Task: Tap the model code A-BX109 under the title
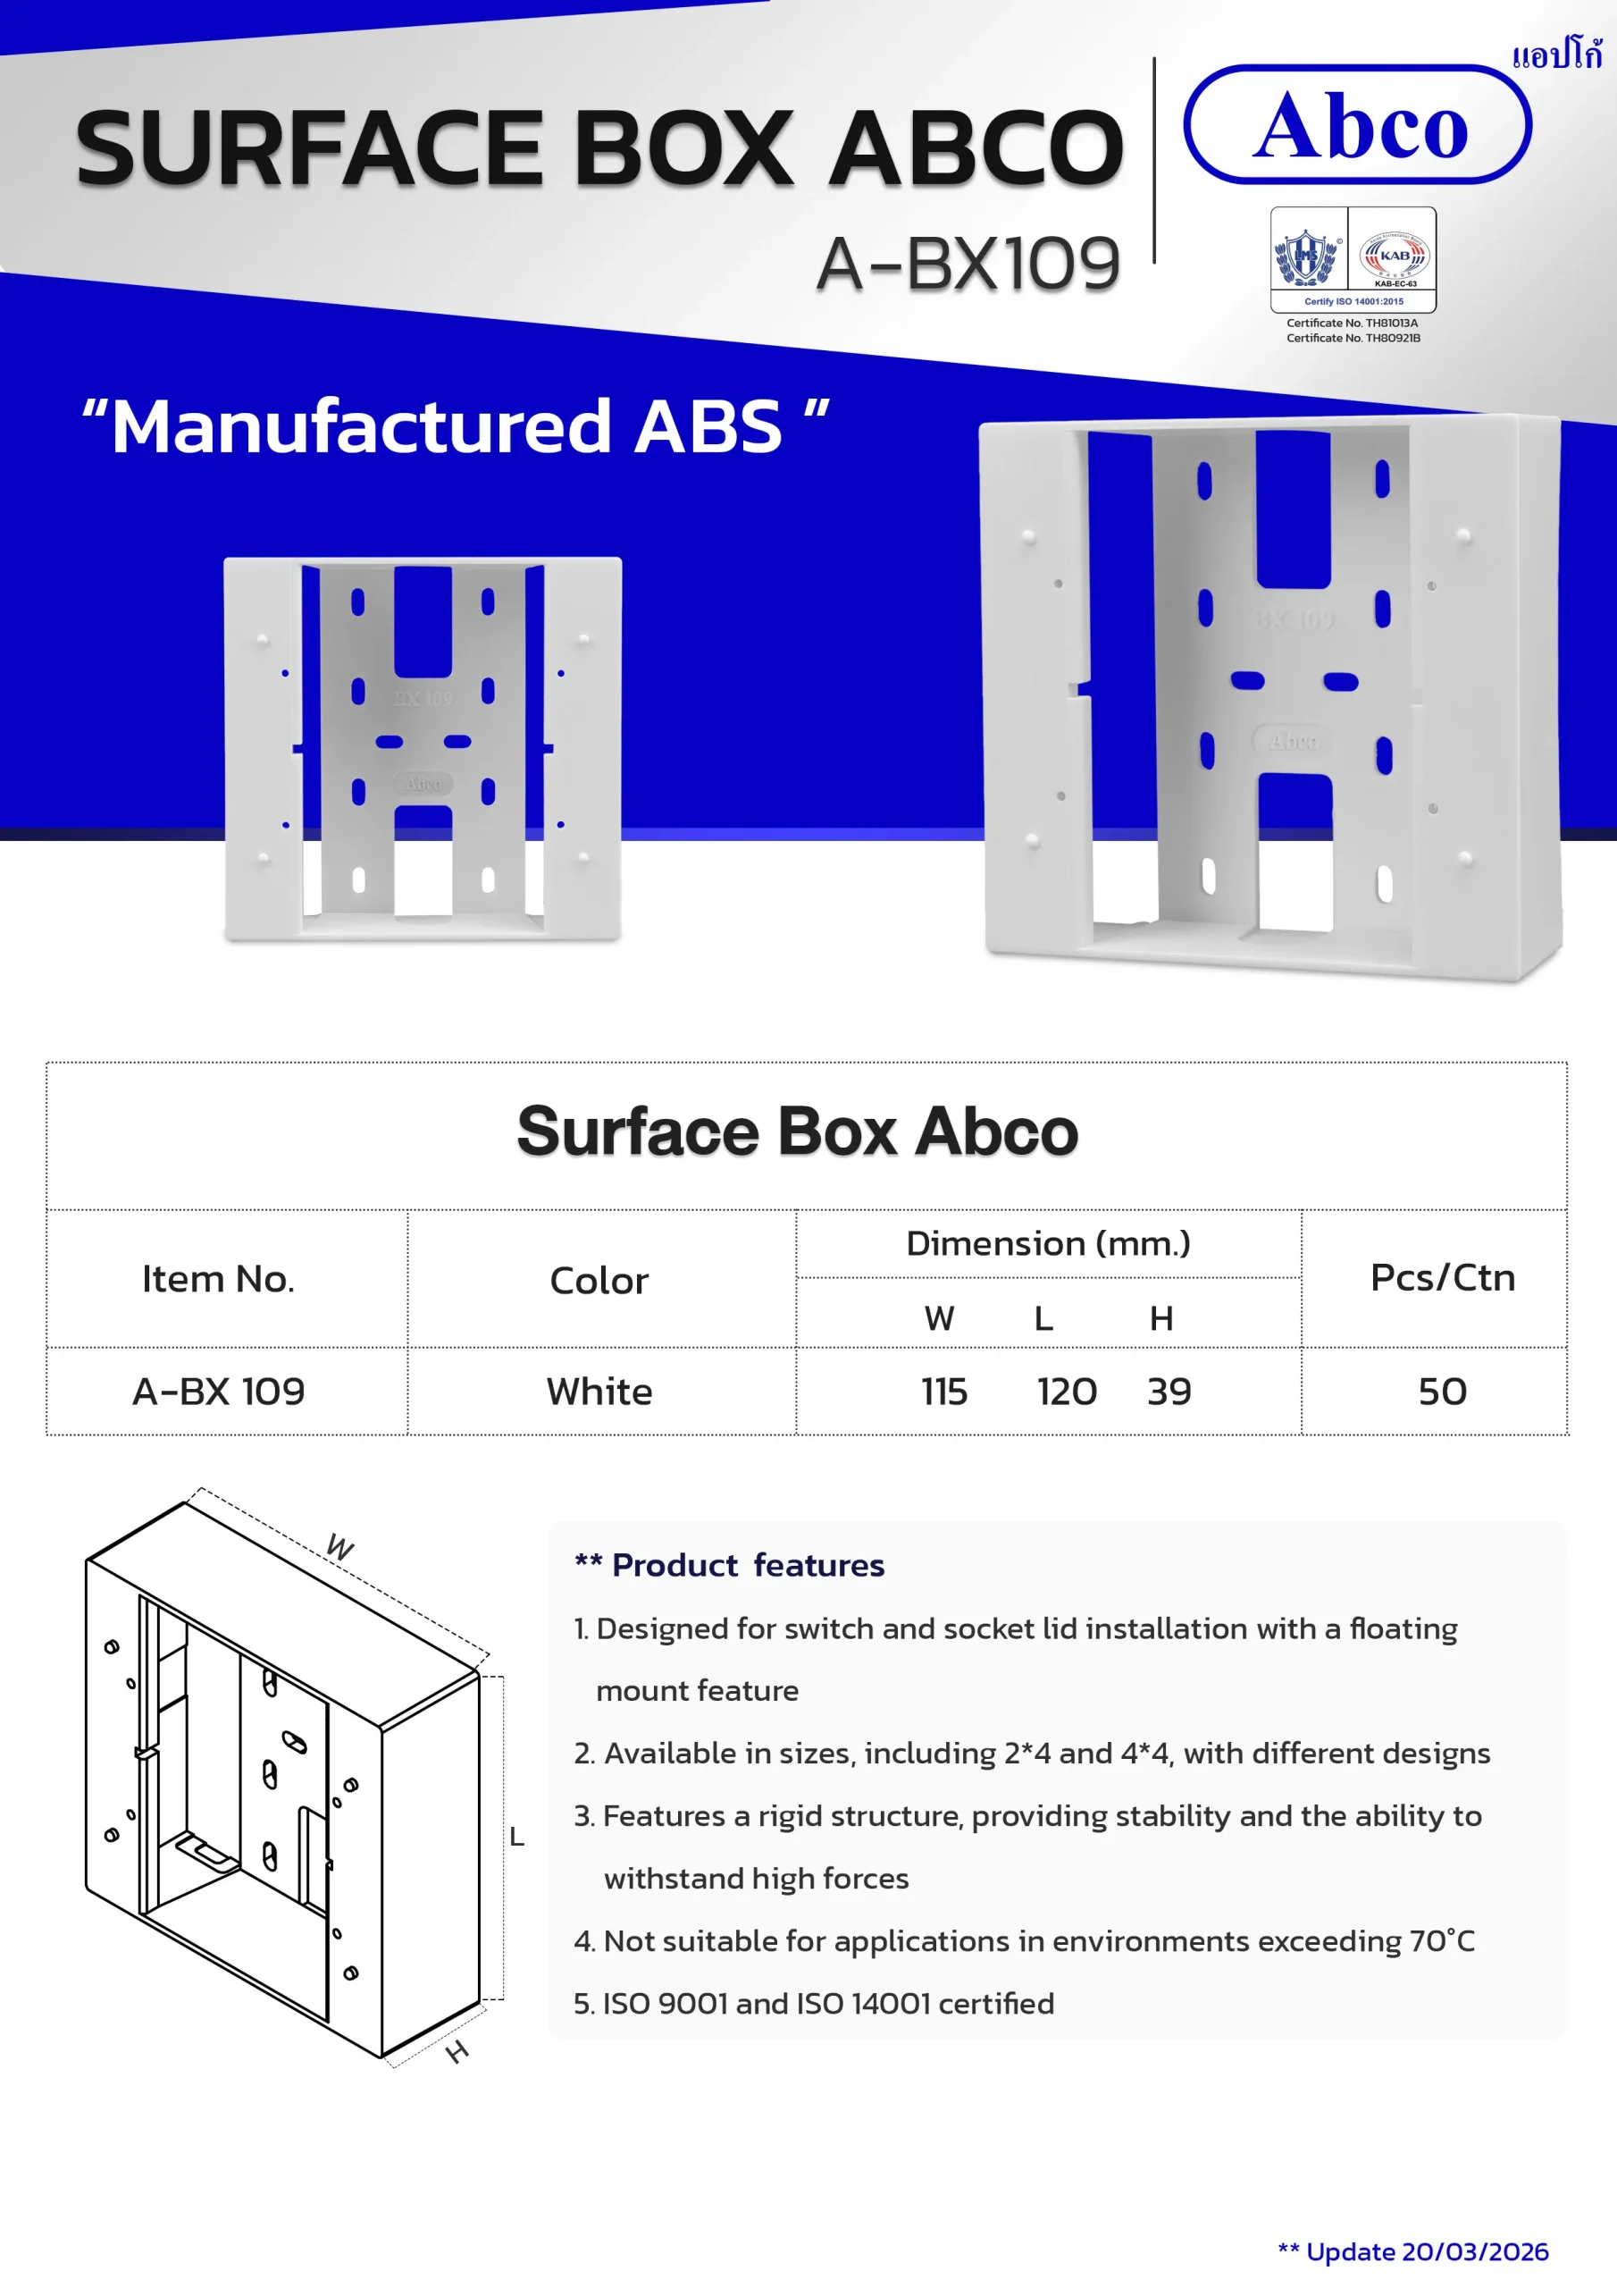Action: click(x=968, y=264)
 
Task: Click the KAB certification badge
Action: click(x=1394, y=258)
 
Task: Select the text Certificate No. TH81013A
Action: click(x=1352, y=323)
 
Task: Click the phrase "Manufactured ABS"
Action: click(x=456, y=426)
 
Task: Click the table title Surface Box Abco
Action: click(x=797, y=1131)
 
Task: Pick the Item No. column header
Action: click(x=218, y=1279)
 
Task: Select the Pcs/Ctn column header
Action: click(x=1443, y=1276)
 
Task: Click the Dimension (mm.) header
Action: click(x=1048, y=1243)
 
